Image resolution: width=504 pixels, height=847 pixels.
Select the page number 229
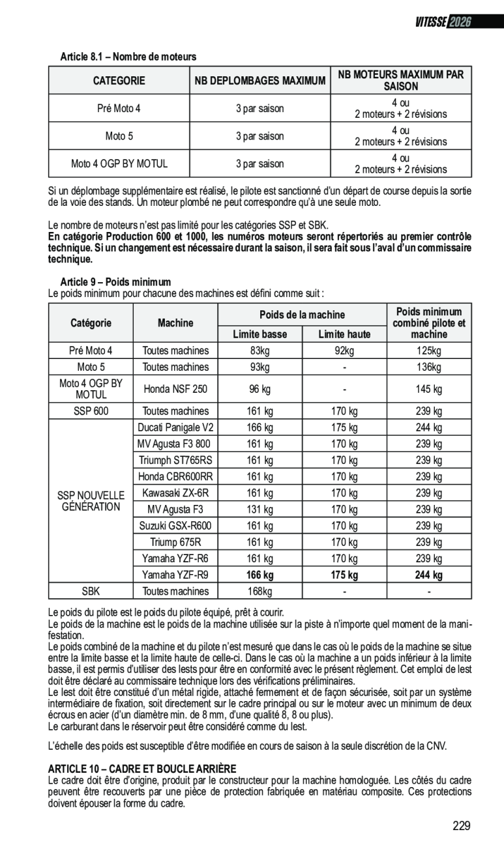coord(460,826)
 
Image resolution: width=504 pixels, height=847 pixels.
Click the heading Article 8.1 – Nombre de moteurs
coord(128,57)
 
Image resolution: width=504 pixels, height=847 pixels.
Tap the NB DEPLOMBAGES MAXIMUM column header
coord(259,81)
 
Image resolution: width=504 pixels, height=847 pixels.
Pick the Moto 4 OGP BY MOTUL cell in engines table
coord(119,164)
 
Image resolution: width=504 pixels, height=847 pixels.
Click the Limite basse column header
coord(259,335)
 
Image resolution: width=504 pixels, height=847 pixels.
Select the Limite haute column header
coord(344,335)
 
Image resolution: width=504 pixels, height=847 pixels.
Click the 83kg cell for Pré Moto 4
coord(259,351)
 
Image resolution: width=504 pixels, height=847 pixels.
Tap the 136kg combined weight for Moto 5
coord(429,367)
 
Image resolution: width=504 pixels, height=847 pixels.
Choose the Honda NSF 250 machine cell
coord(175,390)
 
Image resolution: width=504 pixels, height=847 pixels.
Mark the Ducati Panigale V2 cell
coord(175,427)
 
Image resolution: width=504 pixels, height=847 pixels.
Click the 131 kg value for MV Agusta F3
coord(259,510)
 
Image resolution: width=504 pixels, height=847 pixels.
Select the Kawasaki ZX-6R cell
coord(175,493)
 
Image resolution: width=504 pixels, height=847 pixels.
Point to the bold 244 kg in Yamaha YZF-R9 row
coord(429,575)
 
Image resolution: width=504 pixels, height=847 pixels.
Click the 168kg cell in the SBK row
coord(259,592)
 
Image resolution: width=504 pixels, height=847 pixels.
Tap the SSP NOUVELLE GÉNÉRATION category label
coord(91,502)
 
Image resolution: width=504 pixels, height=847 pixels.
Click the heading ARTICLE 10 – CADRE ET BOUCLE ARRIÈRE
coord(142,769)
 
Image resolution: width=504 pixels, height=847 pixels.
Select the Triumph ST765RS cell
coord(175,460)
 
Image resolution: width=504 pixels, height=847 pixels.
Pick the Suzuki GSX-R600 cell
coord(175,526)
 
